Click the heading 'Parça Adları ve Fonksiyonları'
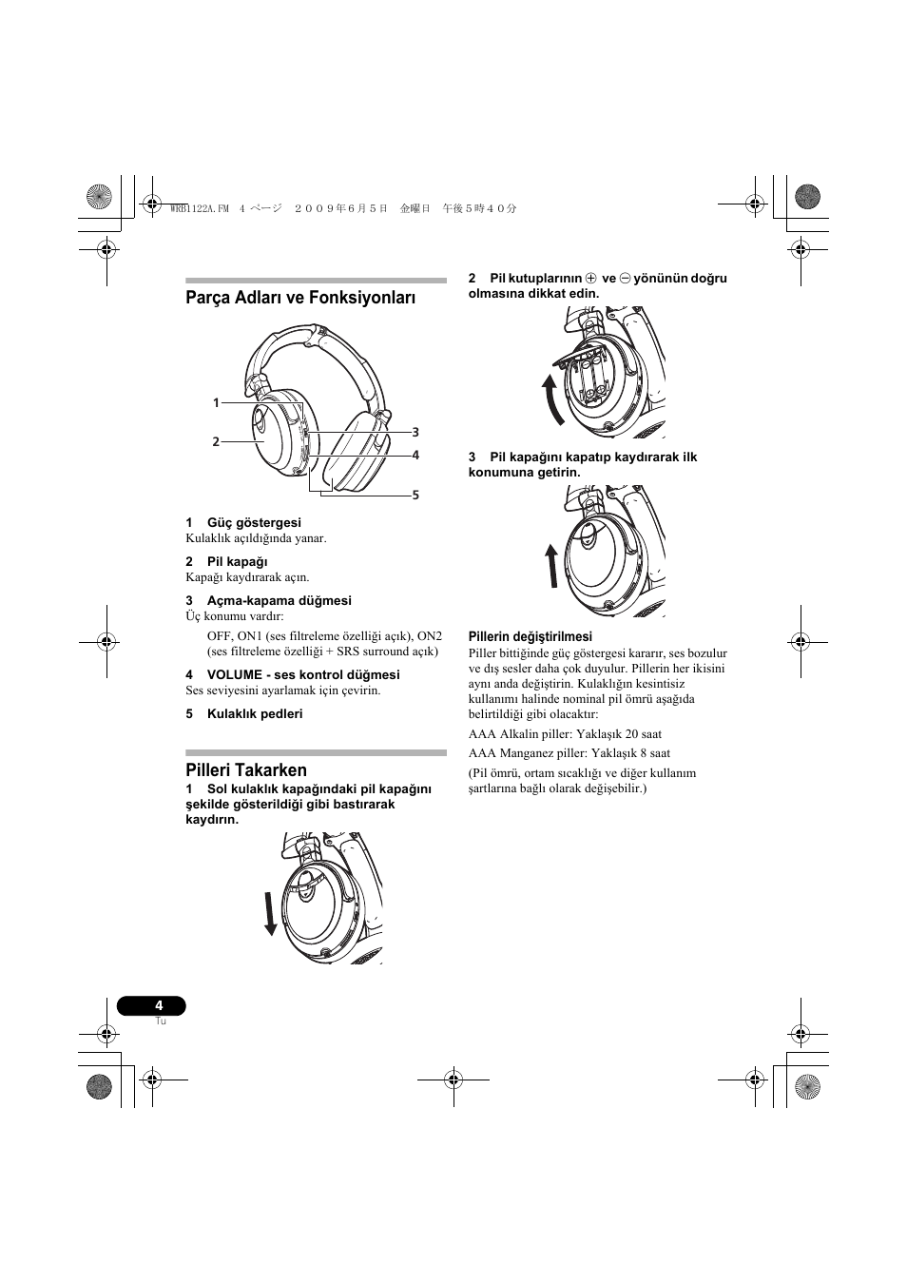[x=300, y=298]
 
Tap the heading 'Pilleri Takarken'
[x=246, y=769]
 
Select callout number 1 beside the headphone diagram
[x=216, y=403]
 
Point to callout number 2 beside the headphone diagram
[x=216, y=441]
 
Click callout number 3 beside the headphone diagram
[x=415, y=432]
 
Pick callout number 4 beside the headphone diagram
[x=415, y=455]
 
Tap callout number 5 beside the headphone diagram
[x=415, y=495]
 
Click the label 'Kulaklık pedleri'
[x=255, y=713]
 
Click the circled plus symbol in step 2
[x=590, y=279]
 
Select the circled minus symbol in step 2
[x=625, y=279]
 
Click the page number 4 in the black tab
[x=159, y=1005]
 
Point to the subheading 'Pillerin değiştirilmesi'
[x=530, y=636]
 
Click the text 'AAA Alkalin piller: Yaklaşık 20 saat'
[x=565, y=733]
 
